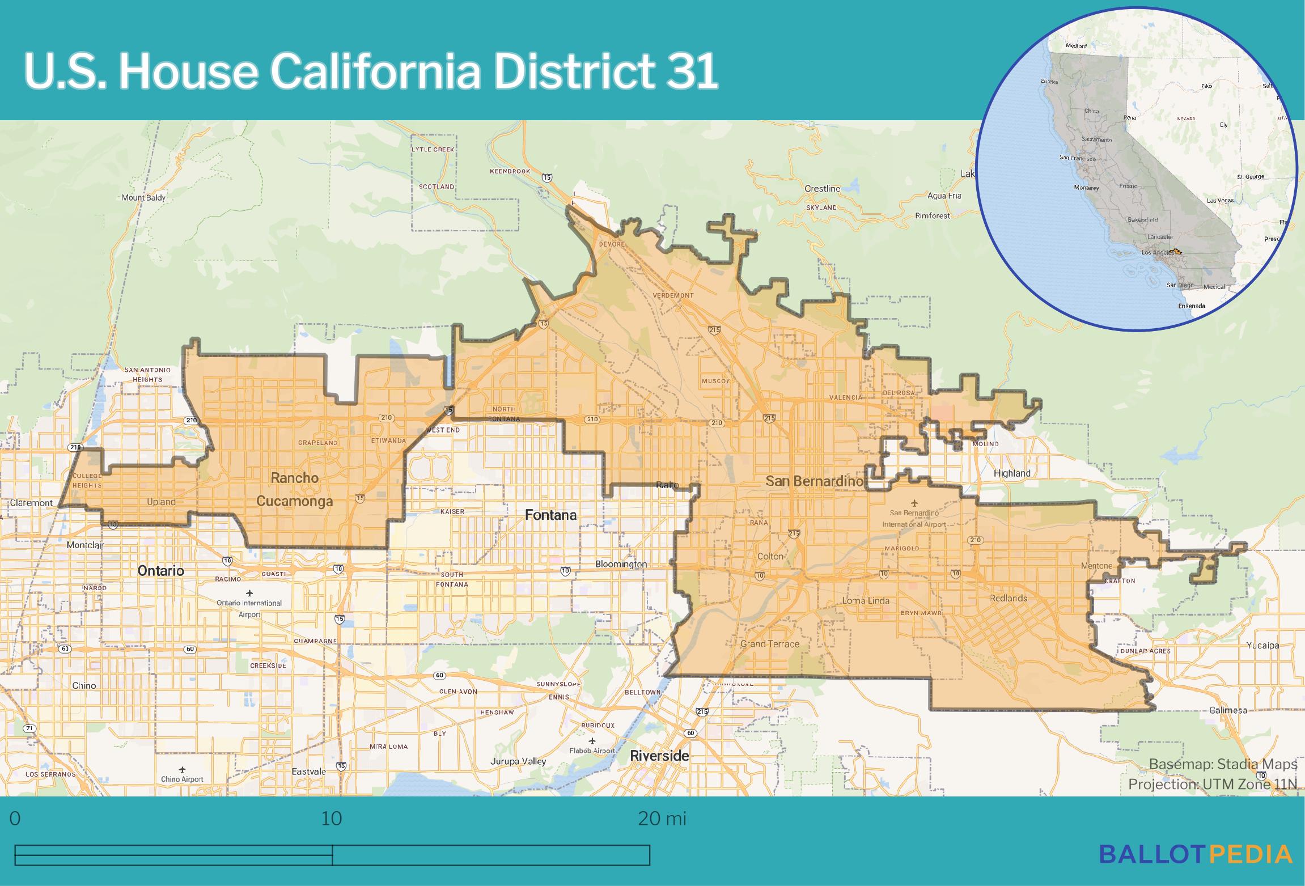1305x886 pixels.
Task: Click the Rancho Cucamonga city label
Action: [294, 490]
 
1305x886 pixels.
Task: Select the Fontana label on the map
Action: [550, 515]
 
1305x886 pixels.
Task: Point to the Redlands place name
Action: [1009, 598]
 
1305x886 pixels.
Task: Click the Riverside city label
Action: [659, 756]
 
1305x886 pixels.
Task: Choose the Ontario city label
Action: [160, 571]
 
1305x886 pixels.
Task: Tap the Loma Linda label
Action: [866, 600]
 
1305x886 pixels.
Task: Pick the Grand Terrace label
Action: [769, 644]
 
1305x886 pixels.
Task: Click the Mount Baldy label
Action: [143, 198]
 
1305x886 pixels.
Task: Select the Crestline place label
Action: [822, 188]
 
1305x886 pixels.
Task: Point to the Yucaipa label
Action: [1262, 645]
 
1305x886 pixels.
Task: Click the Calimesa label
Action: [1227, 710]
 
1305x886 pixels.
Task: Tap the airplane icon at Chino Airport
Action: [182, 770]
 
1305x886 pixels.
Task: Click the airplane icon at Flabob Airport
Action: [592, 741]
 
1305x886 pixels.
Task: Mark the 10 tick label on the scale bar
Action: [332, 819]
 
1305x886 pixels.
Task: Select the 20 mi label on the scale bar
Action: [662, 819]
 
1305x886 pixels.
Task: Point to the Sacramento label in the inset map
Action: [1096, 139]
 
